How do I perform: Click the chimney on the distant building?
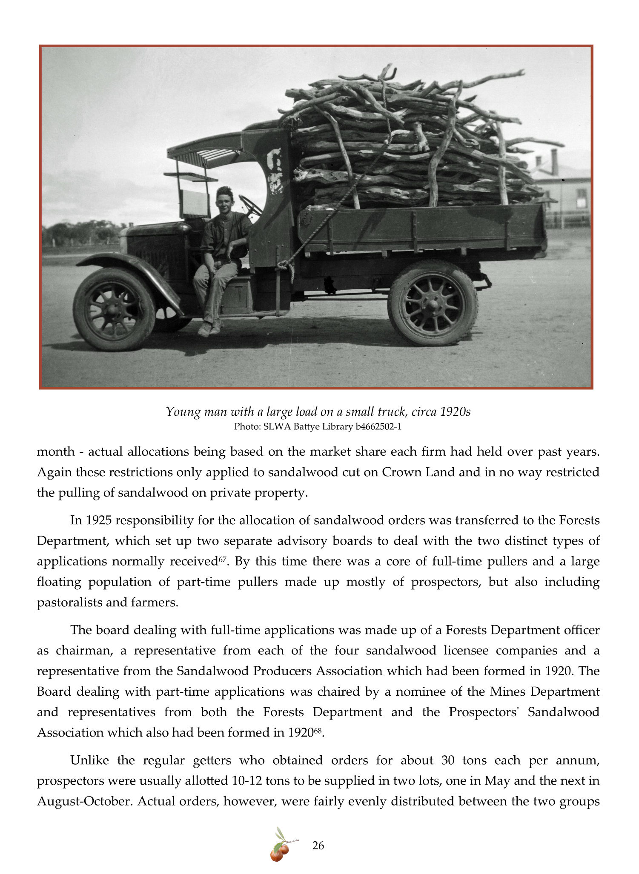click(x=554, y=162)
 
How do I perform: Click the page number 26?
click(x=318, y=845)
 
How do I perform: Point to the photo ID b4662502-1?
click(x=378, y=426)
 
